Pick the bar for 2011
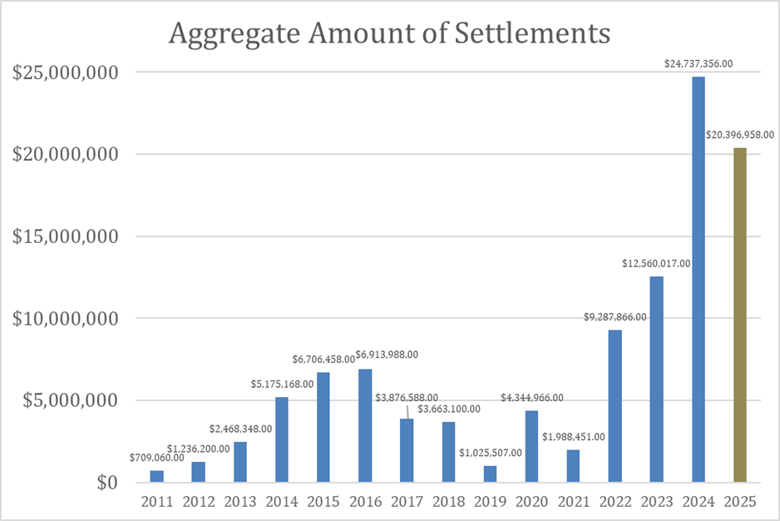tap(157, 476)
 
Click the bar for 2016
tap(365, 425)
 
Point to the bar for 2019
tap(490, 474)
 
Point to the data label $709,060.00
tap(157, 457)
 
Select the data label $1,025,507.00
tap(490, 453)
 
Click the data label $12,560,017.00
tap(657, 263)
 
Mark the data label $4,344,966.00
tap(531, 398)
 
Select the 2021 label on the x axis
tap(573, 502)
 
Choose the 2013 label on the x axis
tap(240, 502)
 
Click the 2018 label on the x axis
tap(448, 502)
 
